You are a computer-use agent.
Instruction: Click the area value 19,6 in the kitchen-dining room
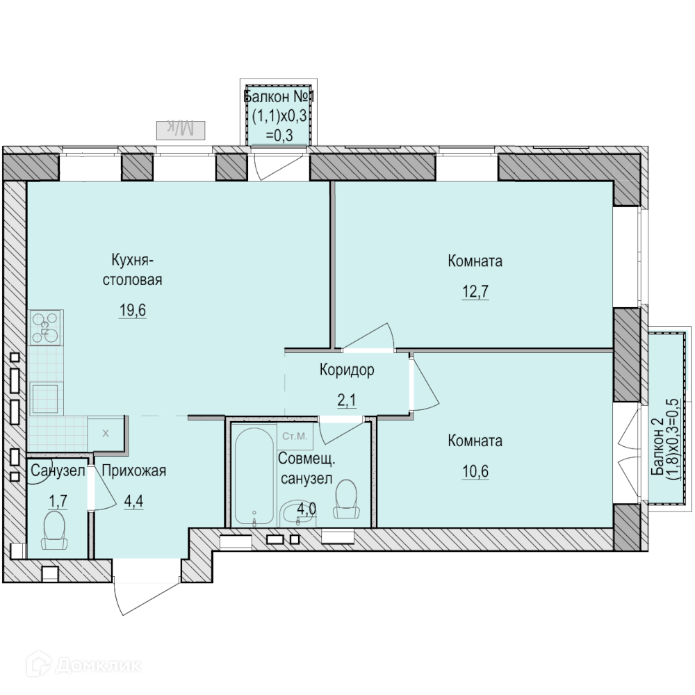pos(132,311)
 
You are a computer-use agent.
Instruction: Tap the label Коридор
pos(347,370)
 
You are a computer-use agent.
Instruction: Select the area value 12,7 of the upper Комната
pos(475,292)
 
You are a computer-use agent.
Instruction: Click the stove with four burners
pos(46,328)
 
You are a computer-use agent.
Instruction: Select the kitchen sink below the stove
pos(46,398)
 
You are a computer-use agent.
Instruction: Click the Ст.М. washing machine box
pos(295,436)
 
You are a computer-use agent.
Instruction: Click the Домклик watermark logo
pos(84,665)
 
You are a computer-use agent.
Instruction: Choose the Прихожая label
pos(134,471)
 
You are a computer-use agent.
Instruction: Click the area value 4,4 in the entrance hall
pos(134,502)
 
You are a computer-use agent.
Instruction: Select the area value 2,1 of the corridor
pos(347,400)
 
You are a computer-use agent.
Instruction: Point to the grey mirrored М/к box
pos(181,130)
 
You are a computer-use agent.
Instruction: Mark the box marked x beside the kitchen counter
pos(106,434)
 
